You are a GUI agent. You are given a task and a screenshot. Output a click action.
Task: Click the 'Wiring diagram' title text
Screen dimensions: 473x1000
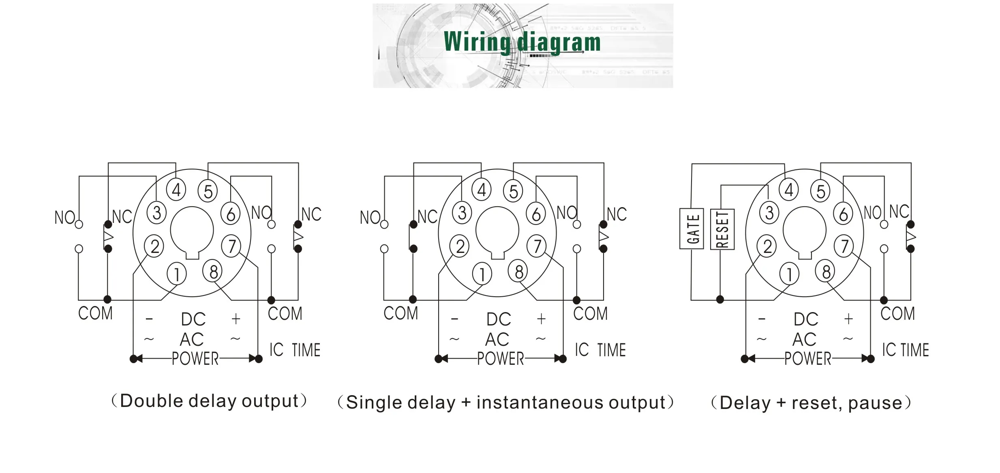tap(522, 42)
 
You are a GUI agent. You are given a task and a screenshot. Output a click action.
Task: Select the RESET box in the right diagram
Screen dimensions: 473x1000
tap(722, 229)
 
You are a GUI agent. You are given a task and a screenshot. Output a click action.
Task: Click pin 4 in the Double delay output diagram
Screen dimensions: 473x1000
tap(176, 190)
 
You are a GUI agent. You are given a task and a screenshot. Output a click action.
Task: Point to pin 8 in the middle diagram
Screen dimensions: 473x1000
tap(519, 271)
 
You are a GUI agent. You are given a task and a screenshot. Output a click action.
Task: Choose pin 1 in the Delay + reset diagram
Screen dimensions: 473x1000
tap(789, 274)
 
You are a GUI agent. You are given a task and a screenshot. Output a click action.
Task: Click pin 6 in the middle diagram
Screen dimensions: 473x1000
tap(536, 214)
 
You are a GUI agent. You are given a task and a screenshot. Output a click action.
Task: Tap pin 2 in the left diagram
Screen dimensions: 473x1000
tap(154, 246)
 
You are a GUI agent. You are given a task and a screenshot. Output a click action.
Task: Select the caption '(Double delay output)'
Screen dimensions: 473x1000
tap(209, 401)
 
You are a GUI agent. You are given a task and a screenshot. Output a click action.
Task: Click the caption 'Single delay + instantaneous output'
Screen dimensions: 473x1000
tap(505, 402)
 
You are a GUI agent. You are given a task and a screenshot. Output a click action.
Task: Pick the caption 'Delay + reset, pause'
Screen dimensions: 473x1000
tap(811, 403)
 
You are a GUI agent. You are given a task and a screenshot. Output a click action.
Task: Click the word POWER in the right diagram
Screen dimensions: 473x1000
tap(807, 359)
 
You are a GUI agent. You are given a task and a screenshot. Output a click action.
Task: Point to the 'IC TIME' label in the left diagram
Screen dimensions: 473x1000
tap(295, 350)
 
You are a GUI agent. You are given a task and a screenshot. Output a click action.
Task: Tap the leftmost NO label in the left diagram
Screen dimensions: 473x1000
tap(64, 218)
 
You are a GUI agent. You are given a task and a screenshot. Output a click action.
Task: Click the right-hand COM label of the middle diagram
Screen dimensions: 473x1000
tap(590, 313)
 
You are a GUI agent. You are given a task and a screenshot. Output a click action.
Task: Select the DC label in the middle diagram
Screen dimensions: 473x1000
tap(499, 319)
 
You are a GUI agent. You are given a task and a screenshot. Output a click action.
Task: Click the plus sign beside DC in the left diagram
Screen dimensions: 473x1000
tap(236, 319)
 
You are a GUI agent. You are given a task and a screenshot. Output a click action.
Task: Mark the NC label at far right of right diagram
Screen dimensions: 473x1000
tap(899, 212)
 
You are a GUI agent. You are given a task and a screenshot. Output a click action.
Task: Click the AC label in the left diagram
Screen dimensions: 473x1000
tap(192, 339)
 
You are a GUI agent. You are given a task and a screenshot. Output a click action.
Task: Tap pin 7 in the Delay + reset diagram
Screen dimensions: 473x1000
tap(844, 246)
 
